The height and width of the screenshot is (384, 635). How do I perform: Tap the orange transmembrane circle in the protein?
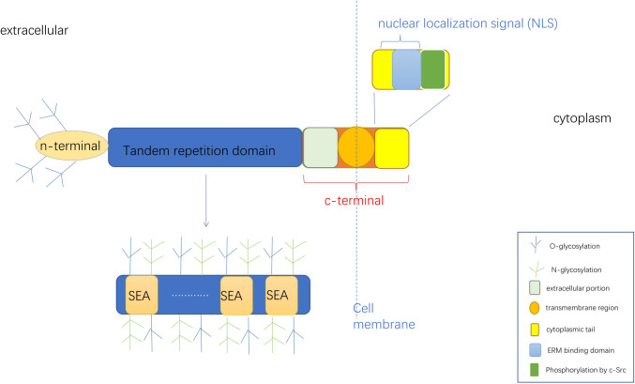click(x=356, y=147)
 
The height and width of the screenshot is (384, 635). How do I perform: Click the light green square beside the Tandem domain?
click(x=320, y=147)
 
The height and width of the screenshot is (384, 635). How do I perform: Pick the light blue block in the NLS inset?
click(x=405, y=70)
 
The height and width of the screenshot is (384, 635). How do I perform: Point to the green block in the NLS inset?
click(x=432, y=70)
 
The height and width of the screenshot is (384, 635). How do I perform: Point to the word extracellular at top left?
click(x=35, y=31)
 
